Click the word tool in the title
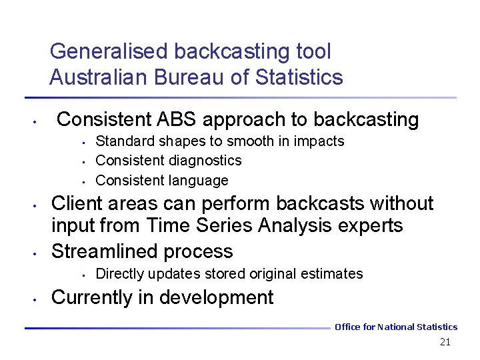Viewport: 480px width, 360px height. pos(313,51)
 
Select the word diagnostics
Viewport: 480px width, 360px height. pos(205,161)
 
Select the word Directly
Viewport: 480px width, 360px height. pos(120,274)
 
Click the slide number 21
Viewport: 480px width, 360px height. pos(445,342)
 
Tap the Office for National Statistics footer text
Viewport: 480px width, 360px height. pos(396,327)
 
